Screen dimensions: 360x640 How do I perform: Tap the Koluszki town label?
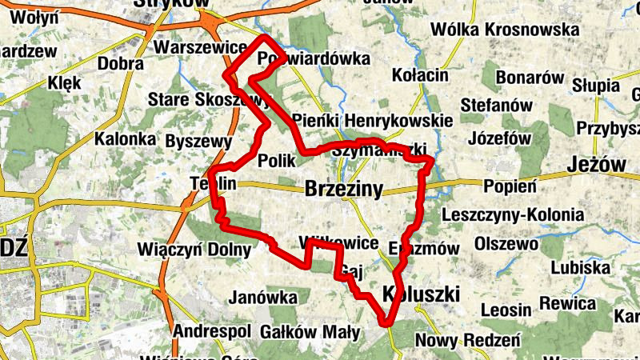421,294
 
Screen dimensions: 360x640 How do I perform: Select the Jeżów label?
596,165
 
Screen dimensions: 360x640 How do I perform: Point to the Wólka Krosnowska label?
504,30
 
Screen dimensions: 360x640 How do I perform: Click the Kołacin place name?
421,75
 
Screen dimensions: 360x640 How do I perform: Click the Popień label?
510,186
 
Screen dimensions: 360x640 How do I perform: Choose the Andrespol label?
213,331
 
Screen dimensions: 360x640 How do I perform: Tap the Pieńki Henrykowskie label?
373,120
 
